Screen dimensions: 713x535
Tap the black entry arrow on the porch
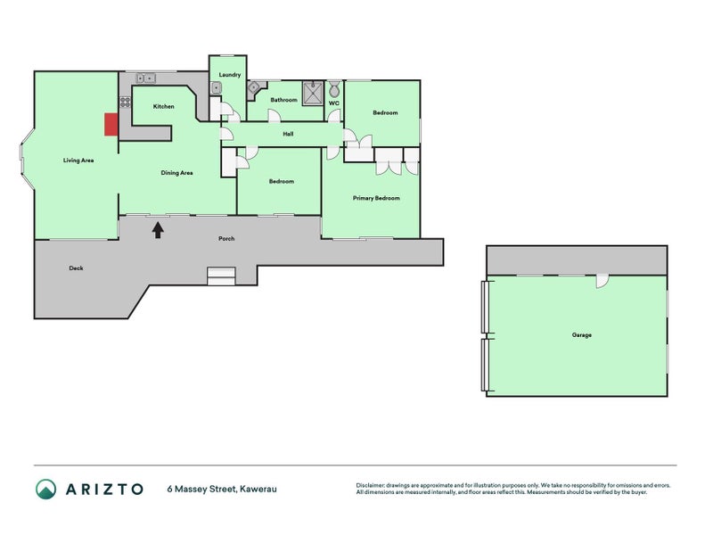pyautogui.click(x=158, y=230)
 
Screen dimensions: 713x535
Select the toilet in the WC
pyautogui.click(x=334, y=89)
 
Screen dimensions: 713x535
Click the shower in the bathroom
pyautogui.click(x=313, y=93)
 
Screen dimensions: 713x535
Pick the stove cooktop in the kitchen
pyautogui.click(x=125, y=102)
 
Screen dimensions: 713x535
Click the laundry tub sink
pyautogui.click(x=216, y=87)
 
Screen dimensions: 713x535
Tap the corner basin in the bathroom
pyautogui.click(x=253, y=88)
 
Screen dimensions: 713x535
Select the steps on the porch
pyautogui.click(x=221, y=276)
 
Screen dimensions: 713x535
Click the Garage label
pyautogui.click(x=582, y=335)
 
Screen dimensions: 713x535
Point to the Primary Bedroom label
pyautogui.click(x=376, y=198)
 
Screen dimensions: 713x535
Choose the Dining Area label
pyautogui.click(x=176, y=173)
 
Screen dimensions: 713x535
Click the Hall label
pyautogui.click(x=288, y=135)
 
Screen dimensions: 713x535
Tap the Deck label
pyautogui.click(x=76, y=268)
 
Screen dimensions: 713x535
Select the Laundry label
pyautogui.click(x=230, y=75)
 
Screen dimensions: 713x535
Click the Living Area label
pyautogui.click(x=78, y=160)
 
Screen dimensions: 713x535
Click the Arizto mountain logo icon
pyautogui.click(x=46, y=489)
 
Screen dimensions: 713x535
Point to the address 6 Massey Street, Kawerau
pyautogui.click(x=222, y=489)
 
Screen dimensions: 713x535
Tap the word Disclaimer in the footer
pyautogui.click(x=370, y=485)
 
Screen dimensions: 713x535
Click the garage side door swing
pyautogui.click(x=602, y=281)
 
